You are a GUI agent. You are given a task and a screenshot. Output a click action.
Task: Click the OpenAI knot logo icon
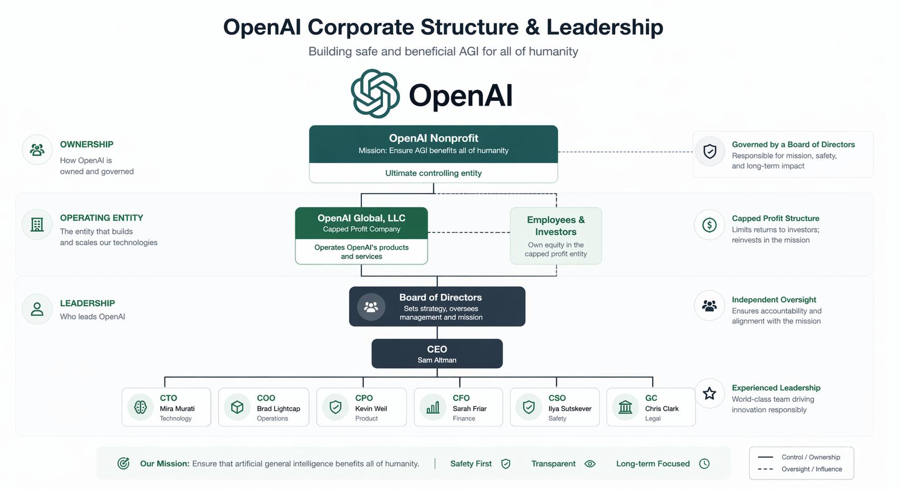tap(375, 94)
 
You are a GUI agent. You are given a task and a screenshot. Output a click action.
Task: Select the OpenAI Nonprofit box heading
tap(433, 139)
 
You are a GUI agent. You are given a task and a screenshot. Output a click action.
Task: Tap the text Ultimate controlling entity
tap(433, 173)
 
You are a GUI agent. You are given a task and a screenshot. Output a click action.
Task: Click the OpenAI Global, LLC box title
tap(361, 218)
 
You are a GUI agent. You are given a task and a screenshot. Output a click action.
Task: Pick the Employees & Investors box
tap(556, 236)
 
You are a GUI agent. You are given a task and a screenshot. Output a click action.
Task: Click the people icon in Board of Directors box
tap(371, 307)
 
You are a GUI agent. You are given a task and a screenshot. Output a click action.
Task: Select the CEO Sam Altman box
tap(437, 354)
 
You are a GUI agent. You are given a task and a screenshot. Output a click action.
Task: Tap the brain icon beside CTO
tap(141, 407)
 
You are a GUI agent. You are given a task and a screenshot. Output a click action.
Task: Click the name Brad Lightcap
tap(278, 409)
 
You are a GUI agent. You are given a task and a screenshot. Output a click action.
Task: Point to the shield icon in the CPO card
tap(335, 407)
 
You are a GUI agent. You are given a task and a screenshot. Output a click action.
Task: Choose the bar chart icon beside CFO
tap(433, 407)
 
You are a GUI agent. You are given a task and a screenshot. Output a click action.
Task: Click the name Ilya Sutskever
tap(570, 409)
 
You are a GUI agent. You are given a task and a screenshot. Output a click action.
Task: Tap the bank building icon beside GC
tap(625, 407)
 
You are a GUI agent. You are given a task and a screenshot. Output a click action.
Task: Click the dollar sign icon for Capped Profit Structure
tap(709, 225)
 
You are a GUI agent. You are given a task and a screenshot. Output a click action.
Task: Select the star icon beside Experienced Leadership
tap(709, 393)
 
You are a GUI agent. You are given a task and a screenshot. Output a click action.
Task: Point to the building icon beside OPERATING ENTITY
tap(37, 225)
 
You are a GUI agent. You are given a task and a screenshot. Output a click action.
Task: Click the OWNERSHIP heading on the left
tap(87, 144)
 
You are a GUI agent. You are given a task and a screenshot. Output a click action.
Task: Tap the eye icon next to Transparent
tap(590, 464)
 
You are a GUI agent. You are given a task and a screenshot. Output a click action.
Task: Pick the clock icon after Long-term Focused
tap(704, 464)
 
